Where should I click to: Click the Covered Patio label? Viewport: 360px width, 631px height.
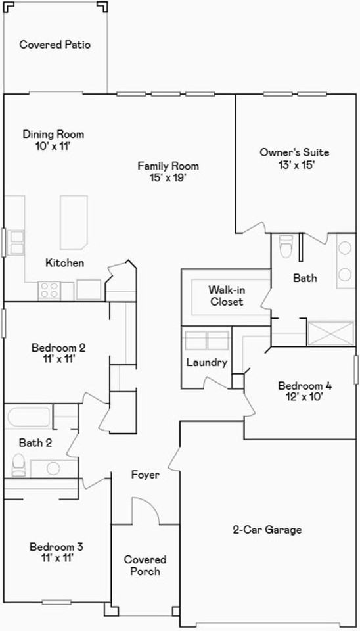pyautogui.click(x=55, y=44)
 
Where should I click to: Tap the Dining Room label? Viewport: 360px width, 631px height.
pyautogui.click(x=53, y=134)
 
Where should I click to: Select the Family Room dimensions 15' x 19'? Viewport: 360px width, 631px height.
pyautogui.click(x=168, y=178)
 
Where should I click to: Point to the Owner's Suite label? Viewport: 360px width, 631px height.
pyautogui.click(x=294, y=152)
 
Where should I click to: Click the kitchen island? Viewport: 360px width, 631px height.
pyautogui.click(x=74, y=223)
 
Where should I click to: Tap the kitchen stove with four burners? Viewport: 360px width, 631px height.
pyautogui.click(x=49, y=291)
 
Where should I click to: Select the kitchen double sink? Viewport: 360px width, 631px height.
pyautogui.click(x=17, y=243)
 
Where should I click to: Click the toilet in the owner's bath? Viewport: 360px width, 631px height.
pyautogui.click(x=286, y=245)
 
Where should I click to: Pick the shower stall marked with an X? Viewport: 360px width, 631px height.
pyautogui.click(x=330, y=334)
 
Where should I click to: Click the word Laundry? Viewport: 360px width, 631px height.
pyautogui.click(x=207, y=363)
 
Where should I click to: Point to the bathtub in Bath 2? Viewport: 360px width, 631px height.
pyautogui.click(x=28, y=417)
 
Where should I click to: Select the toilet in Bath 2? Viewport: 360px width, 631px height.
pyautogui.click(x=19, y=465)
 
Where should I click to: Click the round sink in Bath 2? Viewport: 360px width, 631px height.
pyautogui.click(x=53, y=468)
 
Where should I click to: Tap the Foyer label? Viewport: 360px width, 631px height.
pyautogui.click(x=146, y=475)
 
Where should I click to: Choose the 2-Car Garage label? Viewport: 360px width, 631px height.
pyautogui.click(x=267, y=530)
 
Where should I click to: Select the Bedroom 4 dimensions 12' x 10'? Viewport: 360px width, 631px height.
pyautogui.click(x=305, y=397)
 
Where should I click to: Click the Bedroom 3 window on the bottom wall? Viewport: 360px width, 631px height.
pyautogui.click(x=56, y=603)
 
